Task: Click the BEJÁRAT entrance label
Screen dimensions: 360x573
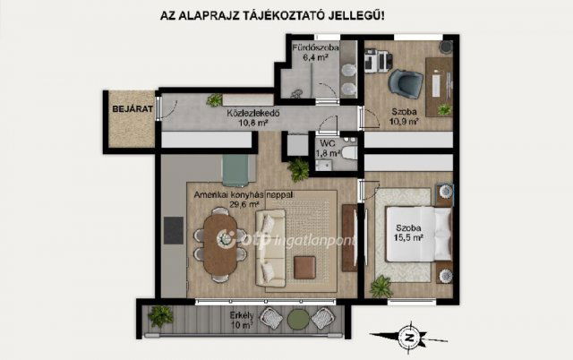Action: tap(128, 108)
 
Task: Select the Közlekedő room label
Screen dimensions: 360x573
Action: tap(253, 114)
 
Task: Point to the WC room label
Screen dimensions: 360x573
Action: tap(329, 141)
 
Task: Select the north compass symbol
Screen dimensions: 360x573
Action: tap(408, 339)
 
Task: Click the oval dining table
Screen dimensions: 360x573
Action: tap(220, 242)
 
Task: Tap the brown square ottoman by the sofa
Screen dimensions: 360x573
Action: tap(304, 266)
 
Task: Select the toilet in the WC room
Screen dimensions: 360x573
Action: tap(348, 153)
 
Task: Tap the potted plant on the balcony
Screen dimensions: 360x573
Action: tap(161, 315)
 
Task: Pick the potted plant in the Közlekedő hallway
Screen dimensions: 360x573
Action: tap(214, 100)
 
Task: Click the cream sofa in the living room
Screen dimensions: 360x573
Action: tap(270, 248)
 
